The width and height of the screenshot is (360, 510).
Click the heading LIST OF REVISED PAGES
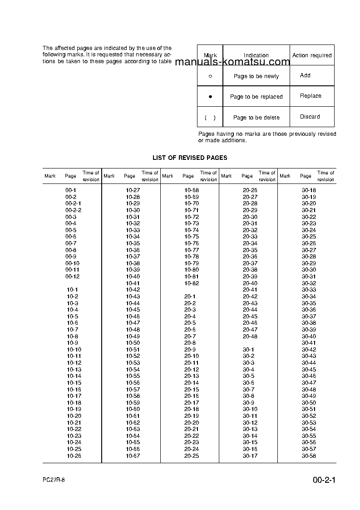coord(190,158)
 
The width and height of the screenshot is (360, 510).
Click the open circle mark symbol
coord(210,76)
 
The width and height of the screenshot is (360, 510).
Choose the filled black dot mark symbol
coord(210,97)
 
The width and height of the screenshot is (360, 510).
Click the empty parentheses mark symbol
coord(210,118)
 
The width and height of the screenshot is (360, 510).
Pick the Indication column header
coord(256,55)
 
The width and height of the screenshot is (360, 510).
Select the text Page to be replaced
coord(256,97)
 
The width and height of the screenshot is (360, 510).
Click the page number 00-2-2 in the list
coord(73,210)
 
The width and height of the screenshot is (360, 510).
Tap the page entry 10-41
coord(133,283)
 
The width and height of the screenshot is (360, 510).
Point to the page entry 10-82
coord(191,283)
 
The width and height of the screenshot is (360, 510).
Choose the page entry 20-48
coord(250,337)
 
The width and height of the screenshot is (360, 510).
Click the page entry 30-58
coord(309,456)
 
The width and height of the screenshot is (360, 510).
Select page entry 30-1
coord(248,350)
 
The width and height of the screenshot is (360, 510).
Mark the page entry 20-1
coord(190,297)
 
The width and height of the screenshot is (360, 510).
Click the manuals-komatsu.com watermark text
coord(232,63)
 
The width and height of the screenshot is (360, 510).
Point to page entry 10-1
coord(72,290)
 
